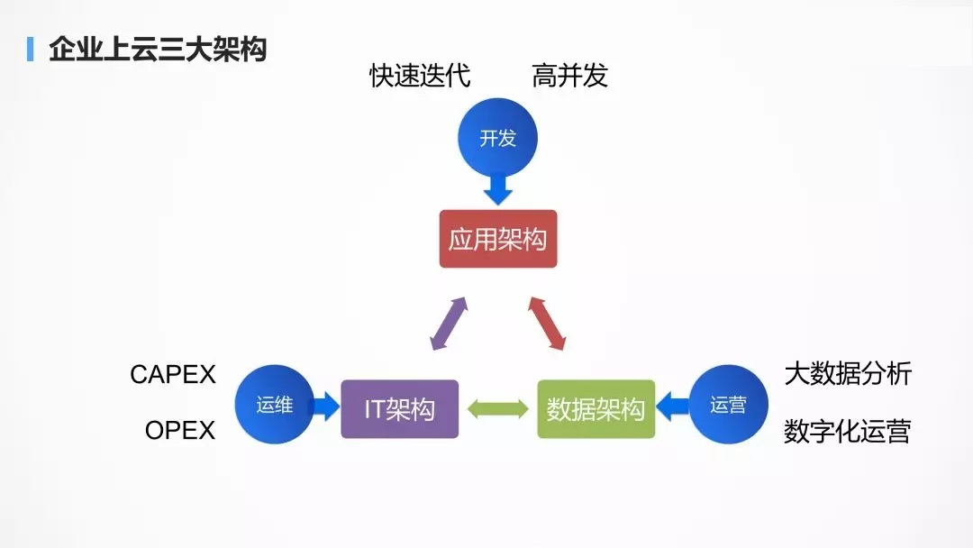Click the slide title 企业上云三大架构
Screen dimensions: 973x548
(x=158, y=49)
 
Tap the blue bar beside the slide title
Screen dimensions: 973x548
(x=30, y=49)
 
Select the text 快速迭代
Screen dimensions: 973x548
(x=420, y=76)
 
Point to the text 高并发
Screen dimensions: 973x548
(x=569, y=76)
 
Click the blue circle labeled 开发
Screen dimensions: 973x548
(x=497, y=138)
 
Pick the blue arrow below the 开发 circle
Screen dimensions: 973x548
(x=497, y=189)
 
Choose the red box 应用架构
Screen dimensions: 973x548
(x=497, y=239)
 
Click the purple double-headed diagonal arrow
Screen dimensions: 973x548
(x=449, y=324)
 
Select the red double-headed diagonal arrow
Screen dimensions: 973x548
(x=547, y=324)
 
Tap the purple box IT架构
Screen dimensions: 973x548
(x=400, y=409)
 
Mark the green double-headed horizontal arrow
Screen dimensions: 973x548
(x=497, y=409)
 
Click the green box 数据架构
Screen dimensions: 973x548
(x=596, y=409)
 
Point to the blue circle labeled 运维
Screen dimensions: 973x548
(x=274, y=405)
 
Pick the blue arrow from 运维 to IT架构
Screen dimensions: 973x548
(x=326, y=406)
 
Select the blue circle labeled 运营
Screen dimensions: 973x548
(x=729, y=405)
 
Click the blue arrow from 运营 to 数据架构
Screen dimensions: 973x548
(x=672, y=406)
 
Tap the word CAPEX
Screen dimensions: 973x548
(x=172, y=374)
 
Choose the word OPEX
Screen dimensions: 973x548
(x=180, y=430)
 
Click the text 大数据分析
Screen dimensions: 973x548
(x=848, y=374)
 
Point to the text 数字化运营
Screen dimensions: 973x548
(x=848, y=431)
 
